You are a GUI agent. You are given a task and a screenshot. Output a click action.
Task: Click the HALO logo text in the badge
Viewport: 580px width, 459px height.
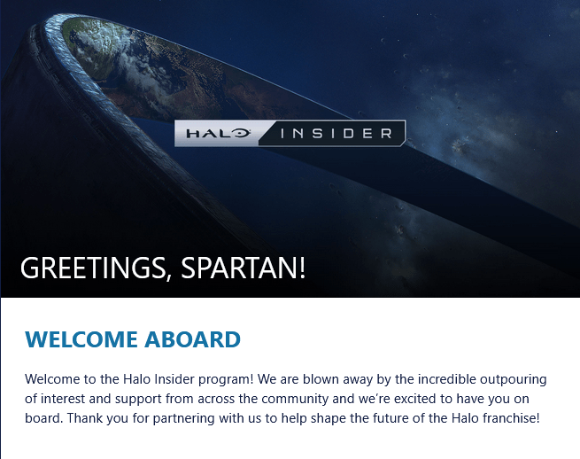tap(219, 133)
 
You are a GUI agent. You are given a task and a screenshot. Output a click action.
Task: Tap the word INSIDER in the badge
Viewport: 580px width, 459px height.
tap(336, 133)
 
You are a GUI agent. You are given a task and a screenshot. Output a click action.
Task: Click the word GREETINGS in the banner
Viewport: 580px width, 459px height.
tap(93, 268)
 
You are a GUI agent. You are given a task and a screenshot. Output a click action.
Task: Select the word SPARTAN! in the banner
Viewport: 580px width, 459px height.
tap(243, 268)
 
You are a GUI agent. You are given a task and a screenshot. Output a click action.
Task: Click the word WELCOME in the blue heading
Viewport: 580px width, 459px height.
tap(81, 339)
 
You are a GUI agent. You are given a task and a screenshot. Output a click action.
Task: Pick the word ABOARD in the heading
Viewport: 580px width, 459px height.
tap(193, 339)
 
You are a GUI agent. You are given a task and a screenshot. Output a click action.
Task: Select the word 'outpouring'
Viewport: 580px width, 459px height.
tap(514, 380)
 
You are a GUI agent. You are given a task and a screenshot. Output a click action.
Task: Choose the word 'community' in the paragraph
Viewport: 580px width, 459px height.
tap(295, 400)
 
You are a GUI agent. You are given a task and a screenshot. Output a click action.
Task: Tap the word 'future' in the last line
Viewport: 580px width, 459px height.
tap(390, 418)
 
